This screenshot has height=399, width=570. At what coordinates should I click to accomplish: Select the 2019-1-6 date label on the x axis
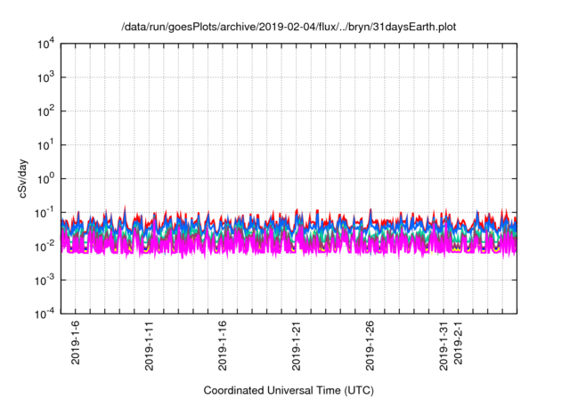(76, 343)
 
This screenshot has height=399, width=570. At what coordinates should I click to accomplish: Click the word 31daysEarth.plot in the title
(418, 27)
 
